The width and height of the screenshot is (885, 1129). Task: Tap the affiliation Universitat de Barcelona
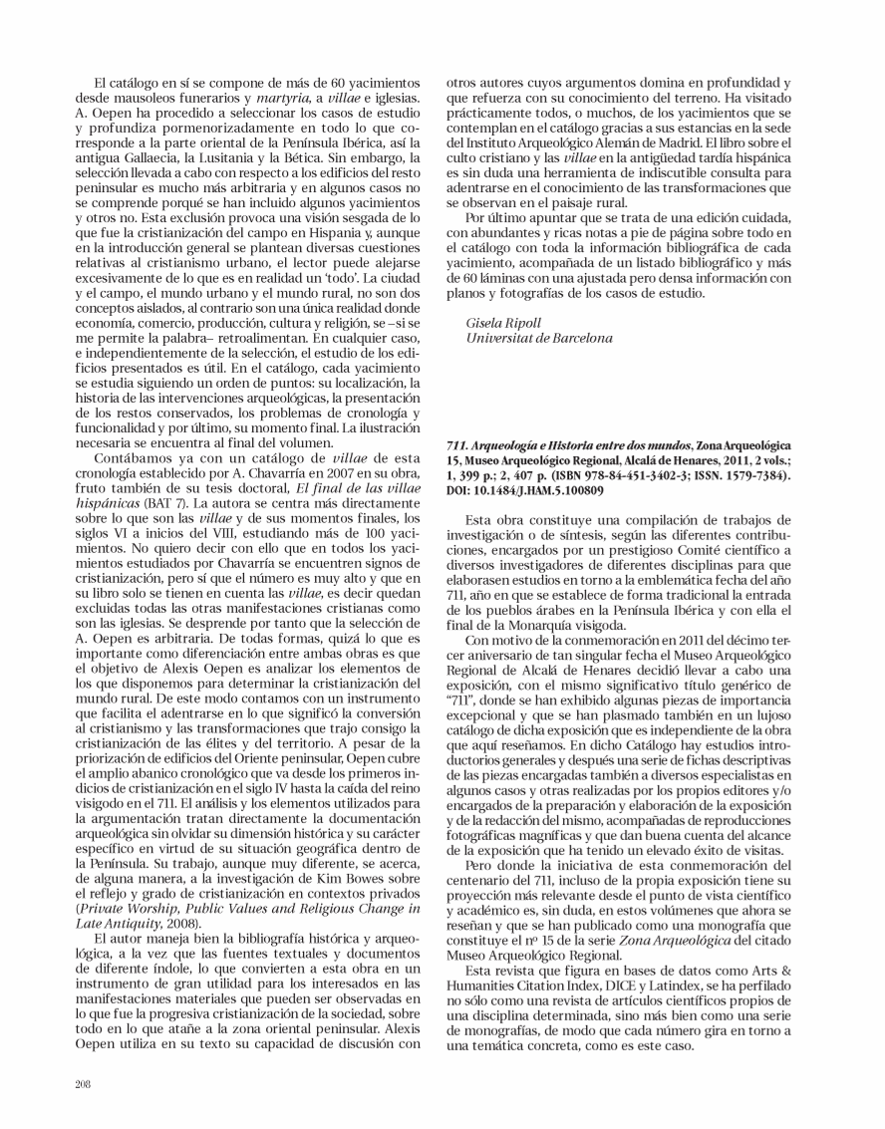[x=524, y=339]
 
